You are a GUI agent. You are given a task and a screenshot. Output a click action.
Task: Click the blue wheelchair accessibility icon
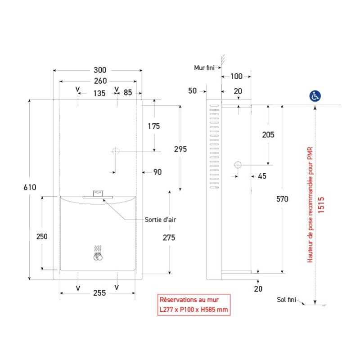coord(315,96)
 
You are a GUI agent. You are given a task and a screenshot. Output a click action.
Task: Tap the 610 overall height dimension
coord(30,187)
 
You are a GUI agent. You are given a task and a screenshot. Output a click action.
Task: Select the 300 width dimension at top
coord(100,70)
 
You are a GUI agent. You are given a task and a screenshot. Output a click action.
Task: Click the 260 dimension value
coord(100,81)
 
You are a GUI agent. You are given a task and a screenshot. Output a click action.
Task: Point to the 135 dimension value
coord(99,94)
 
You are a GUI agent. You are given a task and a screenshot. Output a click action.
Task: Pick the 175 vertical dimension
coord(153,126)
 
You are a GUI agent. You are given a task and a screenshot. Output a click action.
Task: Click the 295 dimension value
coord(180,149)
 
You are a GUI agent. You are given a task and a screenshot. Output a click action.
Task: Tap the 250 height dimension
coord(42,237)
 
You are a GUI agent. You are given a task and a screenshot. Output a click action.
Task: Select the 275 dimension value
coord(169,238)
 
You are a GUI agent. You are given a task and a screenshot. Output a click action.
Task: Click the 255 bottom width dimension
coord(99,293)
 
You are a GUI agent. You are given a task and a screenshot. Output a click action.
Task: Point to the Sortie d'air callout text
coord(160,220)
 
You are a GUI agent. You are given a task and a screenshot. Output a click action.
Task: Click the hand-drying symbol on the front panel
coord(98,253)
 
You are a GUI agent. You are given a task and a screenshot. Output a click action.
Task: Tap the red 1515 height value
coord(321,205)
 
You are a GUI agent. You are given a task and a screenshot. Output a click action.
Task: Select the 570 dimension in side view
coord(282,199)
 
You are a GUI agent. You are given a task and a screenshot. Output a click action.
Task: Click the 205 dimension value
coord(268,135)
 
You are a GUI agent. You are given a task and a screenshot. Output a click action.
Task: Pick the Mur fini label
coord(204,68)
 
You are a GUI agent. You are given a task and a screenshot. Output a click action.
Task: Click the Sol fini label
coord(286,300)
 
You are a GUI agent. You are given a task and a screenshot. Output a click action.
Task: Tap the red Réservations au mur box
coord(194,305)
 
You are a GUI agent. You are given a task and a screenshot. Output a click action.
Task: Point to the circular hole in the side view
coord(238,165)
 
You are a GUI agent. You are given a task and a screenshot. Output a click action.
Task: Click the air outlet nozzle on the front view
coord(98,194)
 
